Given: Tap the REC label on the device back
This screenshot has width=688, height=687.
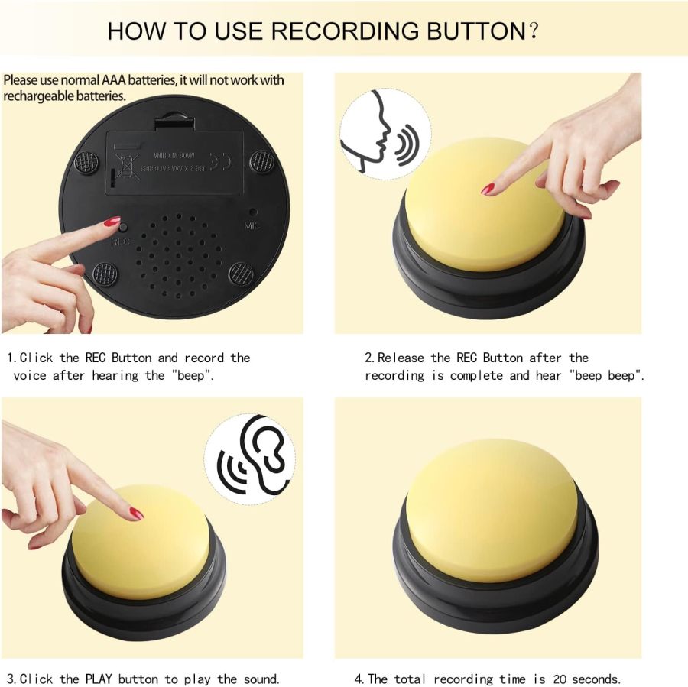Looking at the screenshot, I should pyautogui.click(x=121, y=241).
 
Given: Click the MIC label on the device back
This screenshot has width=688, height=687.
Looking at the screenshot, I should pyautogui.click(x=252, y=226).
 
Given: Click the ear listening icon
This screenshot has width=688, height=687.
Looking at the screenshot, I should pyautogui.click(x=252, y=459).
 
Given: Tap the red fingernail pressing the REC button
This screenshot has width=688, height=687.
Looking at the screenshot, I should pyautogui.click(x=112, y=222).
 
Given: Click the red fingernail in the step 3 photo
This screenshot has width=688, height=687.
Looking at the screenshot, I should pyautogui.click(x=136, y=513).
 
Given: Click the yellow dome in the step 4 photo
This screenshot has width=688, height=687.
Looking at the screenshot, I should pyautogui.click(x=493, y=508).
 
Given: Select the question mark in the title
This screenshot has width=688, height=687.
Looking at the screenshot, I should pyautogui.click(x=534, y=31).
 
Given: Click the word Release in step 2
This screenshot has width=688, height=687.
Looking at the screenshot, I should pyautogui.click(x=402, y=358).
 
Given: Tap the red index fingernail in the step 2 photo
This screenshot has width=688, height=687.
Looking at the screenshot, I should pyautogui.click(x=487, y=188).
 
